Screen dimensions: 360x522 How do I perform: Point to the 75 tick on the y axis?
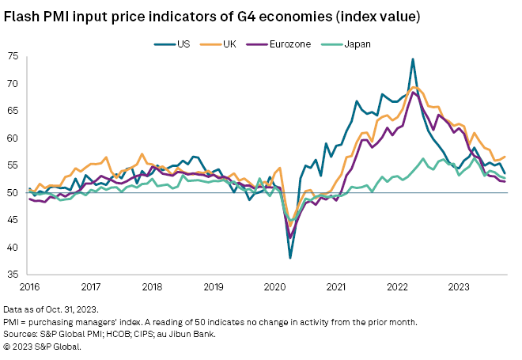tap(14, 56)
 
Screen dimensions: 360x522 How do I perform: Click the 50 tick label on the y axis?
tap(14, 192)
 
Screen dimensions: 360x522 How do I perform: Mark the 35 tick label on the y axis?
tap(14, 275)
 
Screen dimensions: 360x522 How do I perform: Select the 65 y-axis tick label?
tap(14, 111)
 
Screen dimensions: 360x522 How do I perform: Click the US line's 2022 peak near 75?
tap(413, 59)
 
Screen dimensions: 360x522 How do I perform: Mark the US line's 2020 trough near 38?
tap(290, 258)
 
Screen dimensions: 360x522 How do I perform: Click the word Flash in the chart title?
tap(22, 15)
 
